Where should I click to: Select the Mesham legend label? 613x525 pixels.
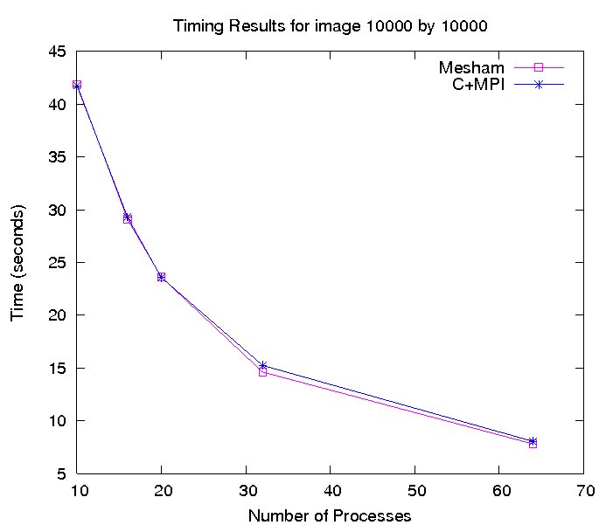coord(472,67)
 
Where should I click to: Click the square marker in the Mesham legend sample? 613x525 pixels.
coord(540,67)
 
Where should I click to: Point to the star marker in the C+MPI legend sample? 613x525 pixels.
coord(540,85)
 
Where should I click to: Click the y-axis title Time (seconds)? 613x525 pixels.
coord(18,263)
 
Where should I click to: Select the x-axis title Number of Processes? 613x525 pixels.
coord(330,515)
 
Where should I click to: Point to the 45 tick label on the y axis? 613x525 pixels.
coord(57,52)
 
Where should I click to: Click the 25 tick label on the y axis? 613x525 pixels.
coord(57,263)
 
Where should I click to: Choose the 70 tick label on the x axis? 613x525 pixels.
coord(583,491)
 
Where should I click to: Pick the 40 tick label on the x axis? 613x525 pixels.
coord(331,491)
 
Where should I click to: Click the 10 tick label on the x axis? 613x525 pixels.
coord(78,491)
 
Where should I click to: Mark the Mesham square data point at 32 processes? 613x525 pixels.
coord(263,372)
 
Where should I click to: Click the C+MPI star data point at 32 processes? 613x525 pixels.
coord(263,365)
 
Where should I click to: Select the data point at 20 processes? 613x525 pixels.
coord(162,277)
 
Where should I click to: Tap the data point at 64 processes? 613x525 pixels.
coord(533,443)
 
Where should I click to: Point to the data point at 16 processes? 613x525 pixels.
coord(128,218)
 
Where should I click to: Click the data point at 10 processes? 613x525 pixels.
coord(78,85)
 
